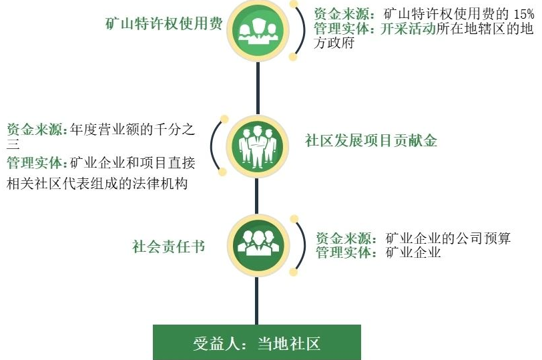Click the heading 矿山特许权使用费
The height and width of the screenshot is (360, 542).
[x=164, y=23]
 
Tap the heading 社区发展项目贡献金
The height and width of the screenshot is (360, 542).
[x=371, y=141]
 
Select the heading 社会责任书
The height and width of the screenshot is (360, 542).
[x=169, y=246]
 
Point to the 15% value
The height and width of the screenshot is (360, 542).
[x=524, y=14]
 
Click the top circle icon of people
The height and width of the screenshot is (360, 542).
[x=258, y=30]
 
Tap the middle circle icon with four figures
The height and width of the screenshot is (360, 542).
[x=258, y=146]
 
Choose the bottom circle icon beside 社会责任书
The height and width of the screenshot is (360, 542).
[x=258, y=245]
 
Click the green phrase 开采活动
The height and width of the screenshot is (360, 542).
[x=408, y=29]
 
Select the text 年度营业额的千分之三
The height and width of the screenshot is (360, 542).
[x=101, y=136]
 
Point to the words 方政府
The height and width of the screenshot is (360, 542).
[x=334, y=43]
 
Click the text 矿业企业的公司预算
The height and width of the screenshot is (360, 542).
[x=448, y=238]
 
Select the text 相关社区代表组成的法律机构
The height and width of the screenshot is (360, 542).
[x=97, y=184]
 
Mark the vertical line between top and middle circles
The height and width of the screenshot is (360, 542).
[x=258, y=88]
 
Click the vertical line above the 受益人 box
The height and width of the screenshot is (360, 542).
[x=256, y=301]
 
